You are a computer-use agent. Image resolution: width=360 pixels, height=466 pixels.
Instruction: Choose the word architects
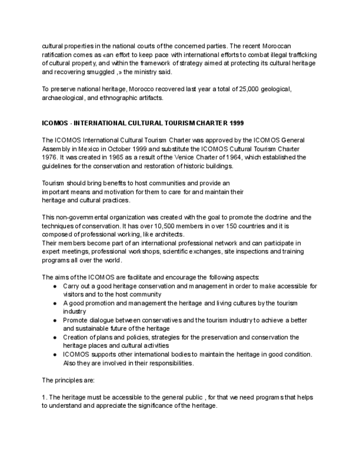click(169, 234)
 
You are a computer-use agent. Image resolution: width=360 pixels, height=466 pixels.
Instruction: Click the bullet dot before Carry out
click(54, 286)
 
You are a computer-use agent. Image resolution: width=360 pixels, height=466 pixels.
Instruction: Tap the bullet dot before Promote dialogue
click(54, 320)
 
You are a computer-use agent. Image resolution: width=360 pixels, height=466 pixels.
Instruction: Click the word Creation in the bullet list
click(76, 337)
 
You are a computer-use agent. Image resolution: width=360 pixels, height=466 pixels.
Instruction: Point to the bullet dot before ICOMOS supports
click(54, 354)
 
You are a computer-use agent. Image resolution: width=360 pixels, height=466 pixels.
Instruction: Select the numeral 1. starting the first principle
click(44, 397)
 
